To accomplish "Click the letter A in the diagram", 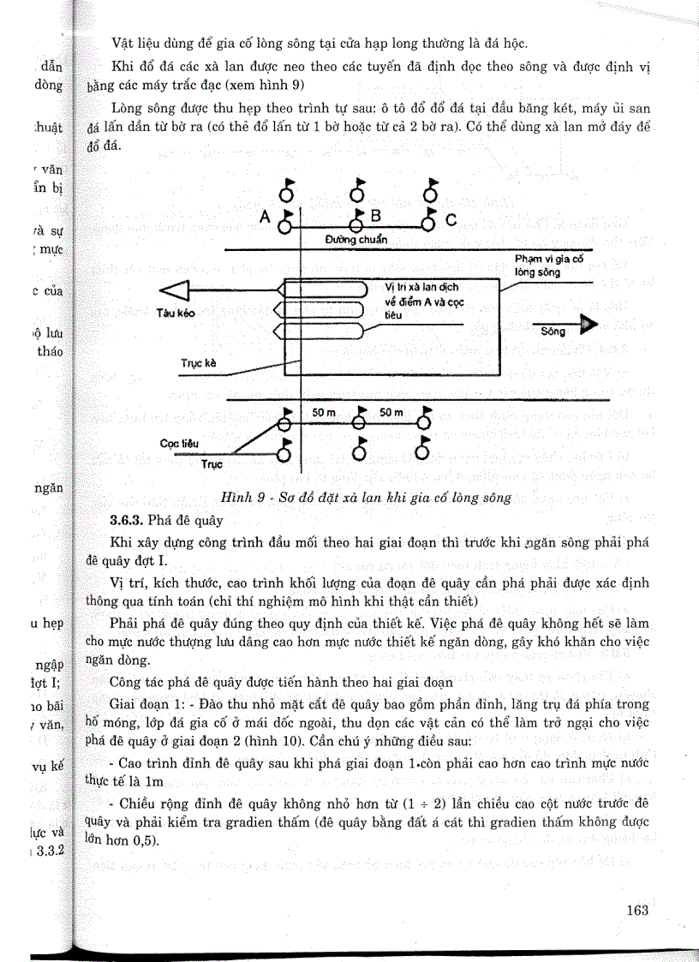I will click(265, 218).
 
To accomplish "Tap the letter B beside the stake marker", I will click(374, 214).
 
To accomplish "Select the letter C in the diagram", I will click(451, 219).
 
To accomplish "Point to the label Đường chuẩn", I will click(356, 240).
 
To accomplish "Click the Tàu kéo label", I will click(176, 313).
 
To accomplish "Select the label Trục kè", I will click(198, 363).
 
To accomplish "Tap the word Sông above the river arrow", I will click(553, 332).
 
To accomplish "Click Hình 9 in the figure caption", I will click(246, 497).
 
